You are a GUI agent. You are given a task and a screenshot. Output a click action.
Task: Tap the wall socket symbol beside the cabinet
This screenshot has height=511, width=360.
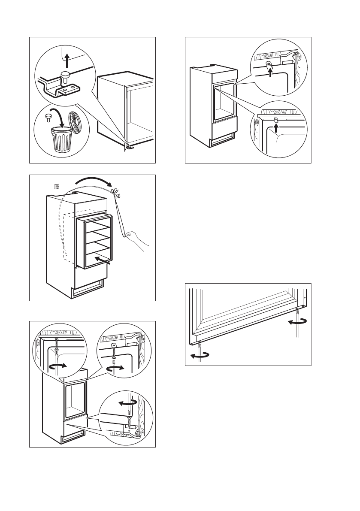[x=54, y=186]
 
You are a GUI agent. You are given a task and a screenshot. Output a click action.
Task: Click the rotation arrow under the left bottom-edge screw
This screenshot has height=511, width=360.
[x=200, y=354]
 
